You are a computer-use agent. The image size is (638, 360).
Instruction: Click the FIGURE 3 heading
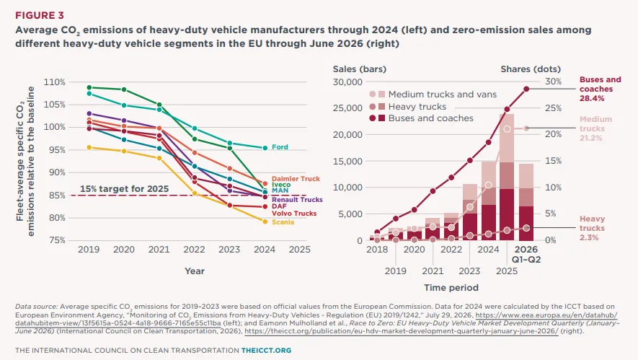(40, 15)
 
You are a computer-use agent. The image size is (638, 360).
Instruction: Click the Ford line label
(280, 147)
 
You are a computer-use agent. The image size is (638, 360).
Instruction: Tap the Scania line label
(283, 222)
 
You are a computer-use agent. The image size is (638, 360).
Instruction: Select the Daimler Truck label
(296, 179)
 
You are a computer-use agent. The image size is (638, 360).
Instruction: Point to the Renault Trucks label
(297, 200)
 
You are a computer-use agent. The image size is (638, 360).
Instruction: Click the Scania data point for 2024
(265, 222)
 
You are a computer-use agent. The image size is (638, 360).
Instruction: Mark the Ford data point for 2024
(265, 148)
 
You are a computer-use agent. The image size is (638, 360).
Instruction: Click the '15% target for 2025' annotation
(124, 189)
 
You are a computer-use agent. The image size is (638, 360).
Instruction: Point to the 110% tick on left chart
(55, 82)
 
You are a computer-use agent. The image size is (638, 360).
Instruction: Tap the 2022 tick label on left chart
(194, 250)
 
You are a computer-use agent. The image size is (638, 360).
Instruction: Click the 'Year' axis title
(195, 271)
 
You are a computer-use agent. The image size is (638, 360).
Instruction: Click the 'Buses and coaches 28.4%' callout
(601, 89)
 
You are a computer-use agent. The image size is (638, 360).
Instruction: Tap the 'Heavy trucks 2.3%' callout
(592, 229)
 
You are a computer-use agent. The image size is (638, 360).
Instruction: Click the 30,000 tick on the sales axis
(347, 82)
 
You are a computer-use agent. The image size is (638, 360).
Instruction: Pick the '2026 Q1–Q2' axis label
(526, 255)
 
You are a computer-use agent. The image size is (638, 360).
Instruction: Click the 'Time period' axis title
(451, 288)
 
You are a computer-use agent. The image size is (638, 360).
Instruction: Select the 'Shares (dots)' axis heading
(531, 69)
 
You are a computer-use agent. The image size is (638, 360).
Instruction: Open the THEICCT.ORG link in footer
(266, 350)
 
